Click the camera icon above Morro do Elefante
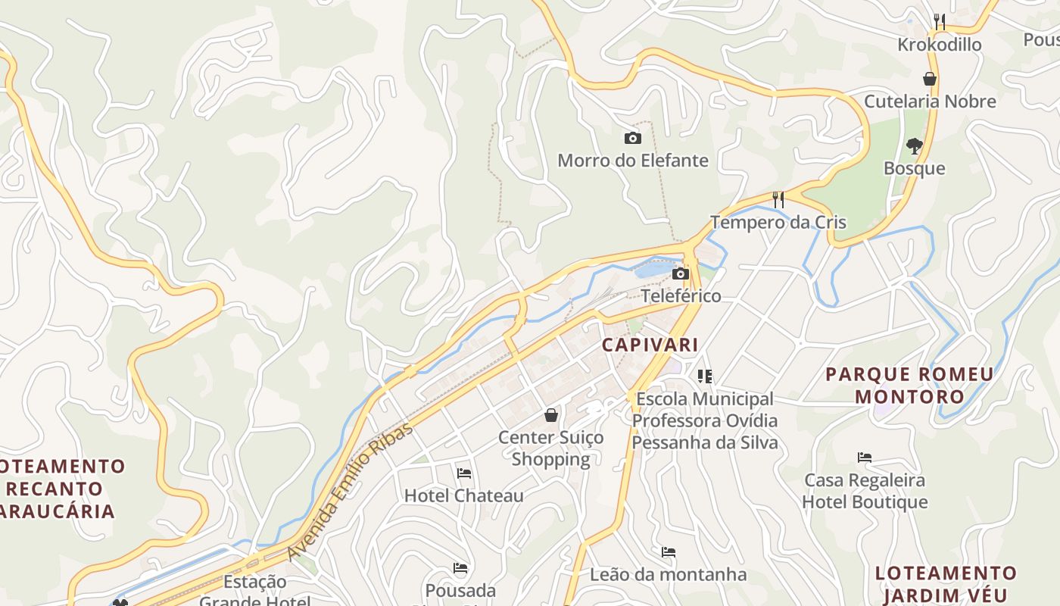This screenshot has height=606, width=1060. [x=632, y=138]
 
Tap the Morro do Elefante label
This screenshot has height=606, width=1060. [x=633, y=161]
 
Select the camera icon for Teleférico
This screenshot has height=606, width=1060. [x=681, y=273]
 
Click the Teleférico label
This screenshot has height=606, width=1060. [x=681, y=295]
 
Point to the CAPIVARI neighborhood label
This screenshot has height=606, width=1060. [x=650, y=345]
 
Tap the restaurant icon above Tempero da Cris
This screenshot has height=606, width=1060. [x=778, y=199]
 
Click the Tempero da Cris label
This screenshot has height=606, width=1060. [x=778, y=223]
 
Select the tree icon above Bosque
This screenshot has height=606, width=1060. [x=914, y=145]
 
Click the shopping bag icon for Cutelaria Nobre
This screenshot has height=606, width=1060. [x=930, y=79]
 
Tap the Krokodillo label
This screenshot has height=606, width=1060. [x=939, y=45]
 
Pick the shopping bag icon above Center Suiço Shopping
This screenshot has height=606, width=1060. [x=551, y=415]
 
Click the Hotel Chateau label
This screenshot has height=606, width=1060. [x=463, y=496]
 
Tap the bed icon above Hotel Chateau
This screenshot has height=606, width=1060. [x=464, y=473]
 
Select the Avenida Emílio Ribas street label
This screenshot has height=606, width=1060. [x=351, y=491]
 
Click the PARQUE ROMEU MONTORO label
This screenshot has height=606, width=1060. [x=909, y=385]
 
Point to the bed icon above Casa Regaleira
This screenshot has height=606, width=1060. [x=865, y=458]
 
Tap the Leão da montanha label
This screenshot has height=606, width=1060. [x=668, y=574]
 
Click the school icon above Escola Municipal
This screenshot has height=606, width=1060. [x=705, y=376]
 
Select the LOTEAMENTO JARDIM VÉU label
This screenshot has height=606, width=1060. [x=945, y=583]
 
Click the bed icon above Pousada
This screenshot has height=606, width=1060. [x=460, y=568]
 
